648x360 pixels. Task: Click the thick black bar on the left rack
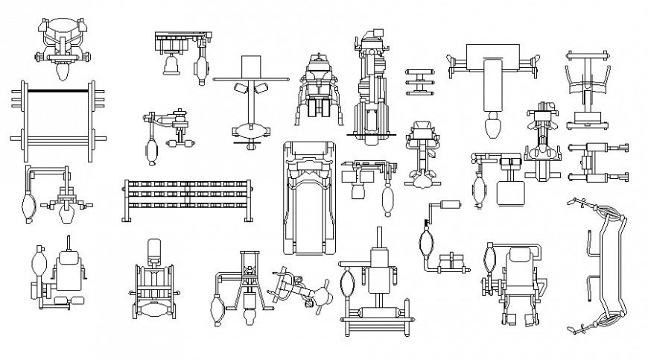(58, 90)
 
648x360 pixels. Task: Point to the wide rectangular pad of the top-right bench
(493, 57)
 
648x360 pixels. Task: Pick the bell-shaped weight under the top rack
(172, 67)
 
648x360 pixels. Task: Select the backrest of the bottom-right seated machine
(518, 264)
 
